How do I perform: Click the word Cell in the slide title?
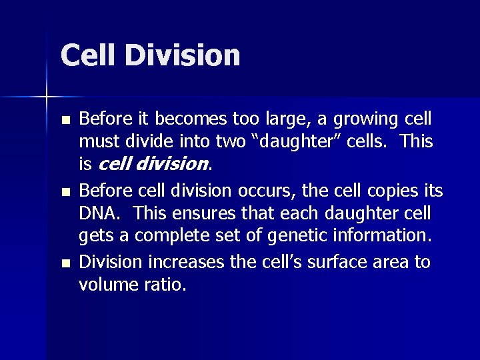(x=88, y=55)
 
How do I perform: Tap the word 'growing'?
(x=369, y=119)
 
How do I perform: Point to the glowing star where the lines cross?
(x=47, y=97)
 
